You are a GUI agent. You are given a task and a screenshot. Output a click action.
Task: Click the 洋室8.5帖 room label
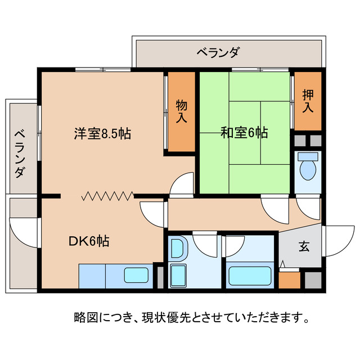102,134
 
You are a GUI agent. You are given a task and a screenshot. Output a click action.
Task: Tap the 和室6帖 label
244,133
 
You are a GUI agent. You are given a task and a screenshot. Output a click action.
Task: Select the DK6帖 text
89,241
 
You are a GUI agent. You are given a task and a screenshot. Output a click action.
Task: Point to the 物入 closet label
181,111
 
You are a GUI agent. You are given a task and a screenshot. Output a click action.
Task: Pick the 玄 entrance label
304,246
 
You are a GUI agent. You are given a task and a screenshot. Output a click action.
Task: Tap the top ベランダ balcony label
218,53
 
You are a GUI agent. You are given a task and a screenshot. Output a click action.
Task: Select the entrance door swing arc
337,239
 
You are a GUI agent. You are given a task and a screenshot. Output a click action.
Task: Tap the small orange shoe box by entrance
289,280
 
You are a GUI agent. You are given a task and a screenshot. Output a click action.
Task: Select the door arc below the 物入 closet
181,184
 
